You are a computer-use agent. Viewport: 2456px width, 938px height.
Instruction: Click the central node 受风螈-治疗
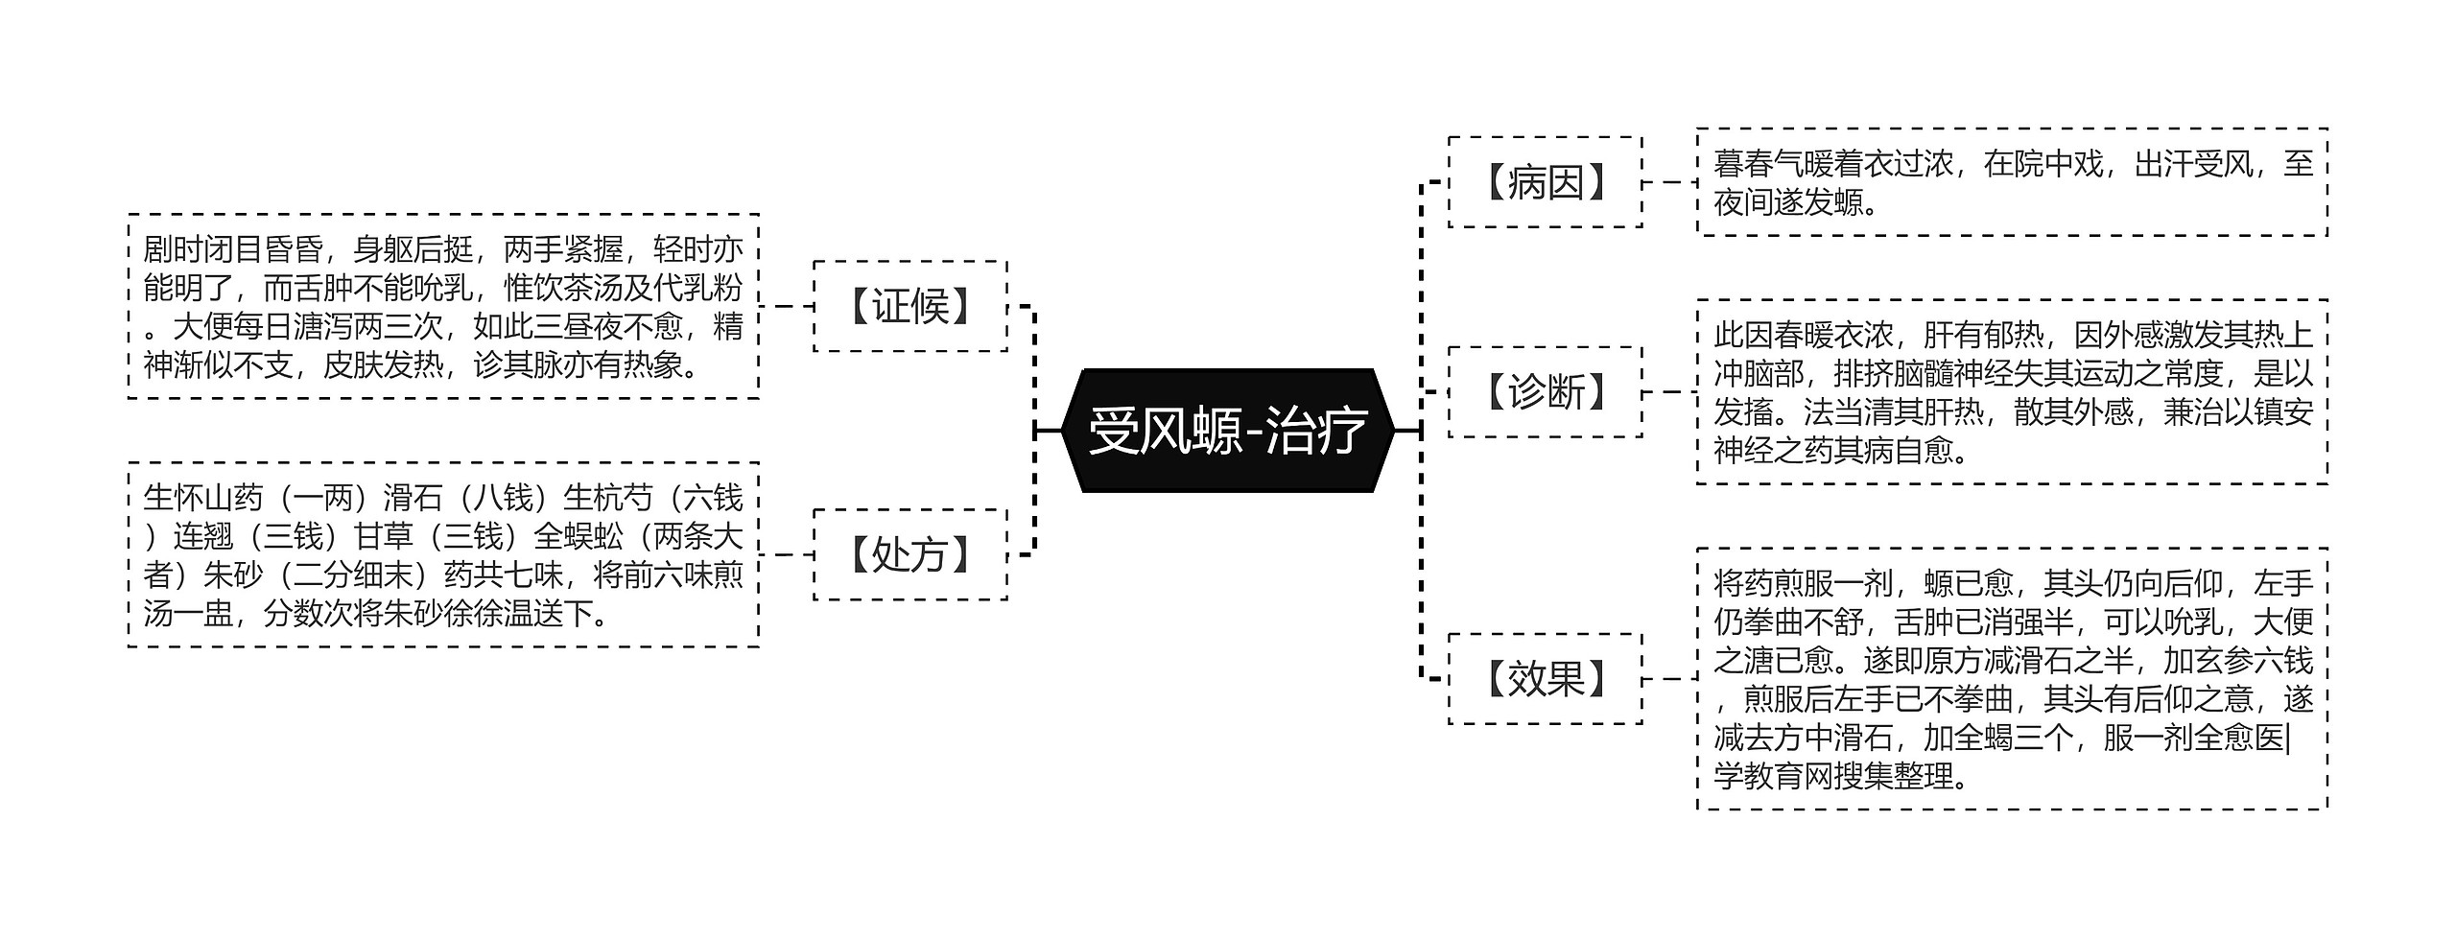(1227, 431)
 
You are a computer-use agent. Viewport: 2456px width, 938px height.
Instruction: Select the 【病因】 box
(1545, 182)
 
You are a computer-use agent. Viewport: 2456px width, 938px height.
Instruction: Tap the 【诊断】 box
(1545, 391)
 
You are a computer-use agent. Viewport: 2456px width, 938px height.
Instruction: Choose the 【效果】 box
(1545, 678)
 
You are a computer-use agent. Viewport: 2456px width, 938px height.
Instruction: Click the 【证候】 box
(909, 306)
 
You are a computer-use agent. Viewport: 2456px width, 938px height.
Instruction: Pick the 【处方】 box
(909, 554)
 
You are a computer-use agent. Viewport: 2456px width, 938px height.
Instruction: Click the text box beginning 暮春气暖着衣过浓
(2012, 182)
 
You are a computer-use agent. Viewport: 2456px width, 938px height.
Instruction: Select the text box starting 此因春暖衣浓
(2012, 391)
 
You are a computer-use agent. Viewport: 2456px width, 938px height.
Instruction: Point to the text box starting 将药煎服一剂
(2012, 678)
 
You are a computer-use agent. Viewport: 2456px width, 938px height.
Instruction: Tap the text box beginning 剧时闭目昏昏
(443, 306)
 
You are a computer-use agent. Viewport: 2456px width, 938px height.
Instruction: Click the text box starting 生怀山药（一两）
(443, 554)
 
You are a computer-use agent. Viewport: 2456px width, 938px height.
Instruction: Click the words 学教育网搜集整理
(1834, 776)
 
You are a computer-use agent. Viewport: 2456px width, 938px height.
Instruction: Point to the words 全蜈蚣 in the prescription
(579, 536)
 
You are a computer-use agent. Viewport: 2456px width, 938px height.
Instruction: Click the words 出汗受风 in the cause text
(2194, 164)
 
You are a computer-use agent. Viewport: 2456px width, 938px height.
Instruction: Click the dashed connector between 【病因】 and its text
(1669, 182)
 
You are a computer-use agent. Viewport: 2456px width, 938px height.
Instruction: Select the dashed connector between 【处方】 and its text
(786, 554)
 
